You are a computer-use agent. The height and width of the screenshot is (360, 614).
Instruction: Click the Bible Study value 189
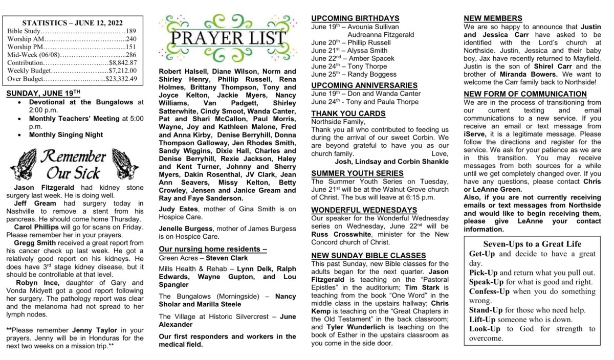click(130, 31)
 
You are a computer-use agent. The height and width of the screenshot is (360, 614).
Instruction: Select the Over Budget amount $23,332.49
click(121, 79)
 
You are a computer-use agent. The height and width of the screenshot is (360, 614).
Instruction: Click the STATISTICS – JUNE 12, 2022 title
click(72, 23)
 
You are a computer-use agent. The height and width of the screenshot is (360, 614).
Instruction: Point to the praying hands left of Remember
click(23, 164)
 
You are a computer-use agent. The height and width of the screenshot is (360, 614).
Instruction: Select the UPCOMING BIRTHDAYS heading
click(355, 18)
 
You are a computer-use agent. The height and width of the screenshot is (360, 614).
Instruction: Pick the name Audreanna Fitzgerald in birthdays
click(381, 34)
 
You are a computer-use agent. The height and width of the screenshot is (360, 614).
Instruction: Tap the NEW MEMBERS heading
click(493, 18)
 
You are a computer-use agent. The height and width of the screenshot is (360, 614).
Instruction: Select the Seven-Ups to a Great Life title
click(532, 244)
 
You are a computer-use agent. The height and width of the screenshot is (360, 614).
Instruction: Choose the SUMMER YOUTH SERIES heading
click(357, 173)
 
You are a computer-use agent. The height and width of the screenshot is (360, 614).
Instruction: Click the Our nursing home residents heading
click(213, 249)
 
